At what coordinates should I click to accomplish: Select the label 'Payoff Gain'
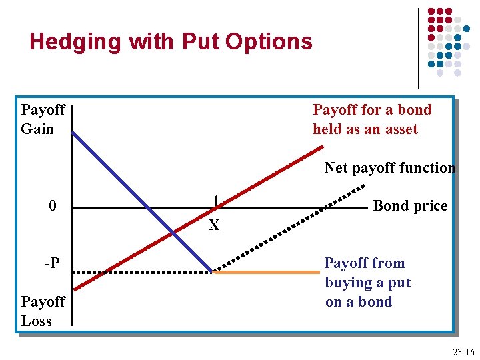click(43, 119)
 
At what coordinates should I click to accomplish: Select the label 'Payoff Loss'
click(43, 311)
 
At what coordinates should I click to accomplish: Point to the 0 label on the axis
click(53, 206)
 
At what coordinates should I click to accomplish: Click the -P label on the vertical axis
click(51, 263)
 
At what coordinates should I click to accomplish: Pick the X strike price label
click(214, 226)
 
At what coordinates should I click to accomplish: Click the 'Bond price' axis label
click(410, 206)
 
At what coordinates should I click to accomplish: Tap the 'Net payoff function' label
click(389, 168)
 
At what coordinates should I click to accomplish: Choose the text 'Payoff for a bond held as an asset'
click(371, 119)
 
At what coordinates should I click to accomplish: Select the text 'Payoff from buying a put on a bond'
click(367, 283)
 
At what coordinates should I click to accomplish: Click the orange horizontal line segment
click(267, 272)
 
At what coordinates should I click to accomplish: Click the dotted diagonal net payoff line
click(280, 233)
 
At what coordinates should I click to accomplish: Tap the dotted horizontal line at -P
click(140, 272)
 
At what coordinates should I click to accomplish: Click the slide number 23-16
click(463, 352)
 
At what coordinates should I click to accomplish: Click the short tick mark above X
click(215, 201)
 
